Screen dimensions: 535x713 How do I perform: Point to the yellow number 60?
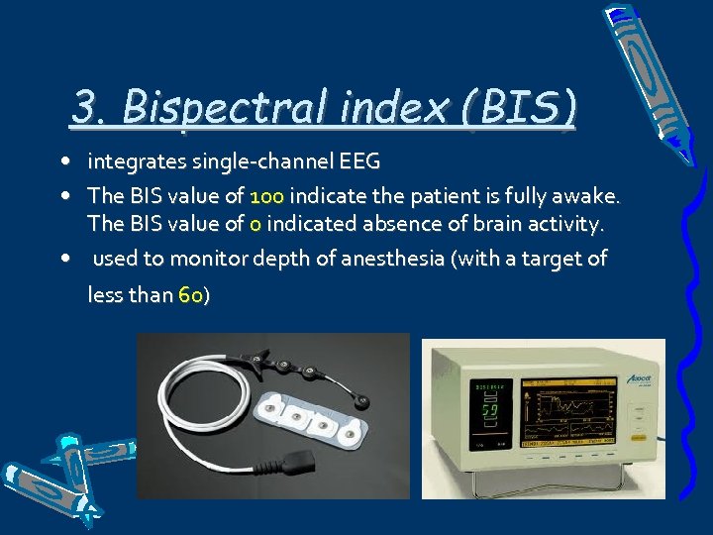[x=190, y=294]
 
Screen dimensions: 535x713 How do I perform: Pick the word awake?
[x=589, y=195]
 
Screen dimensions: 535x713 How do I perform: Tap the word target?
[x=552, y=259]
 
